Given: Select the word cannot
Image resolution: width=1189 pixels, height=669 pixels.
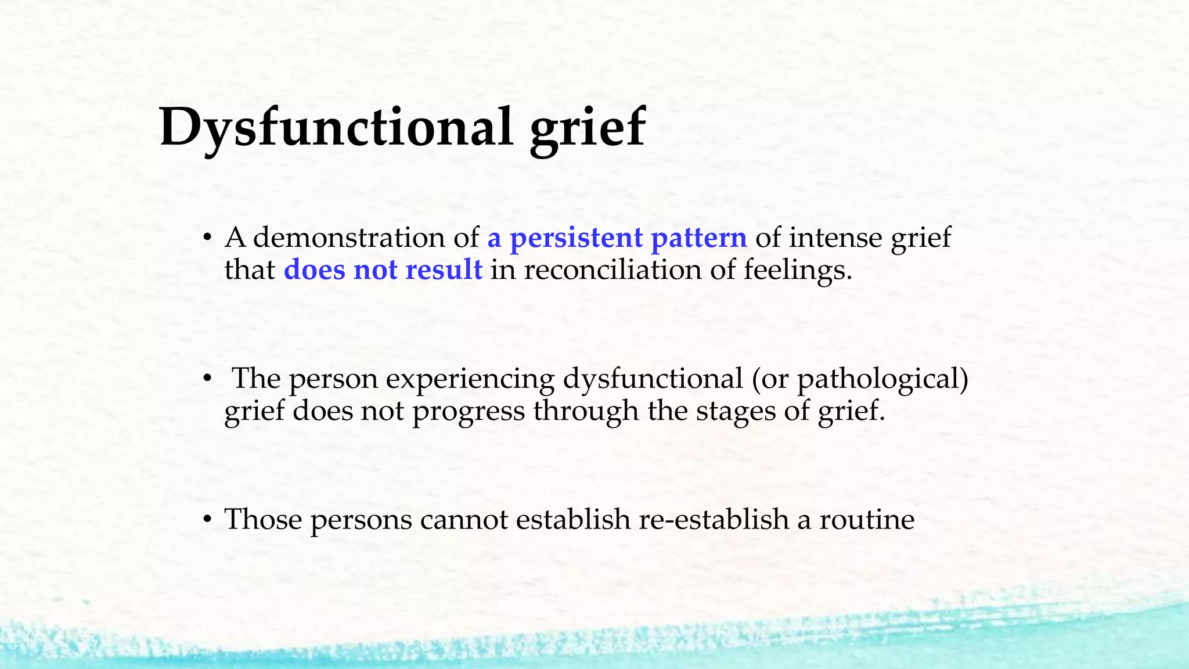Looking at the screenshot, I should coord(464,519).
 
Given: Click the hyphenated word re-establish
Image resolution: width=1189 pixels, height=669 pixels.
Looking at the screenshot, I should coord(714,519).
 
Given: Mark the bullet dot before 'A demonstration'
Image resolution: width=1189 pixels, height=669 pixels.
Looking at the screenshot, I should coord(206,239).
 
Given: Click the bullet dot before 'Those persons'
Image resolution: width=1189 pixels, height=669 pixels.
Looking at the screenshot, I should coord(206,520).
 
